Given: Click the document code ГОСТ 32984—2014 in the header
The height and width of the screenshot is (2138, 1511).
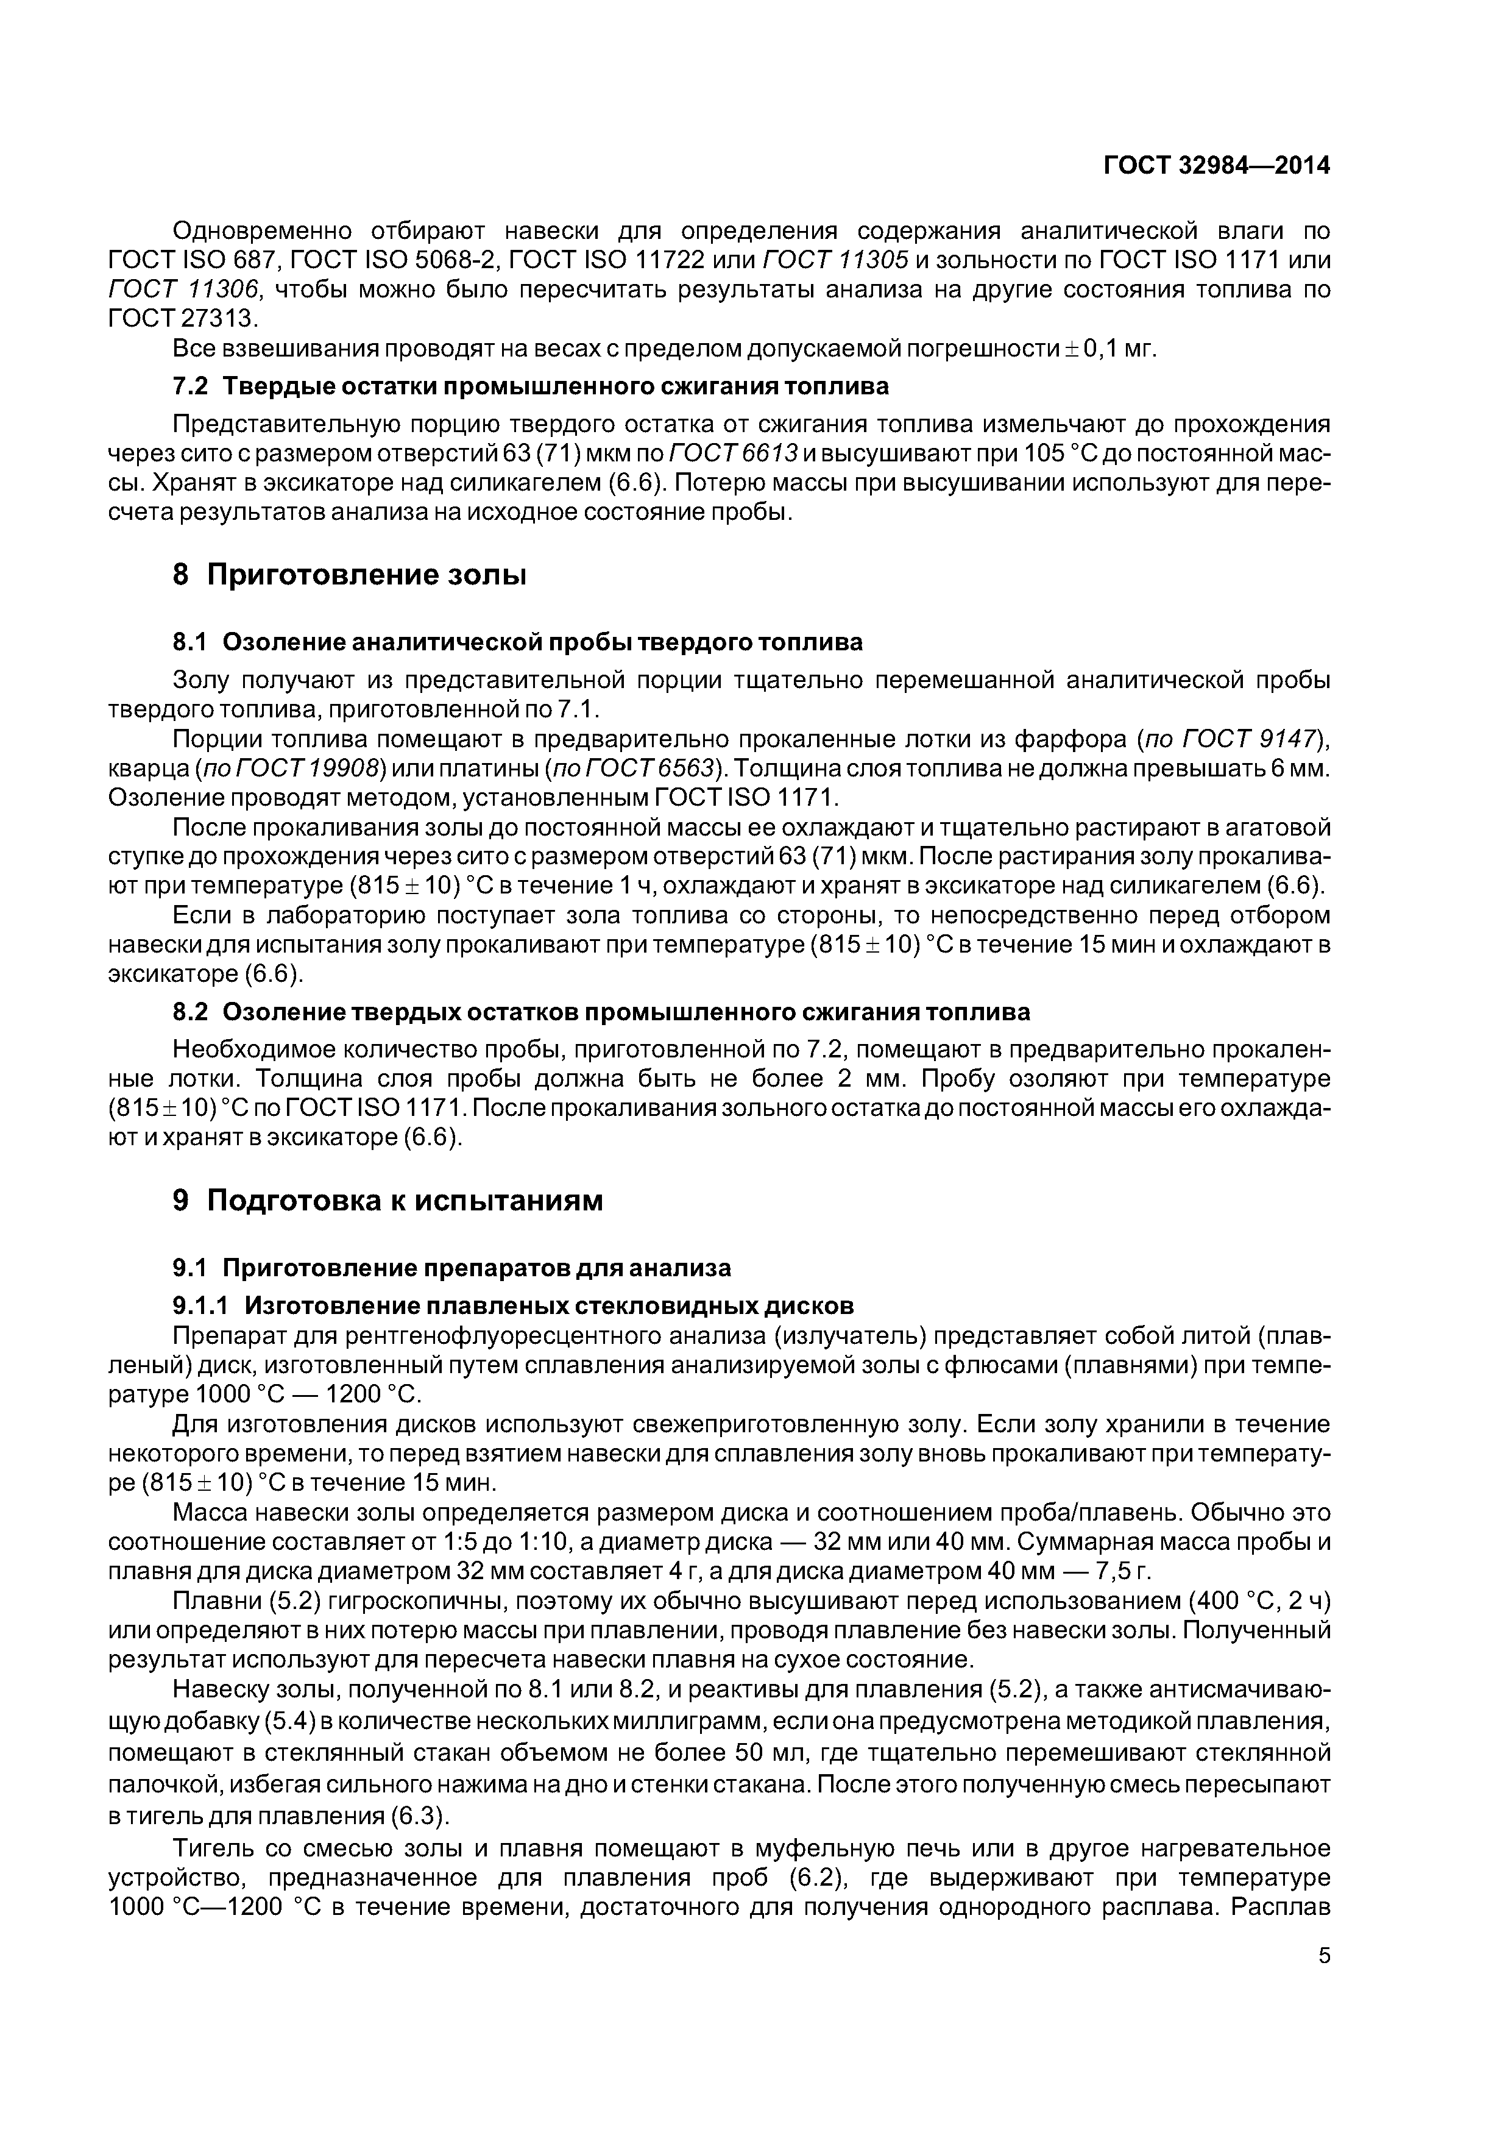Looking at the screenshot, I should pyautogui.click(x=1216, y=166).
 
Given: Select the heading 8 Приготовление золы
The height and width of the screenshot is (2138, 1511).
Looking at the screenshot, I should pyautogui.click(x=350, y=575).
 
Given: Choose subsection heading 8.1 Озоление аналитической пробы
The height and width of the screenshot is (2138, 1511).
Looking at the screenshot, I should pyautogui.click(x=518, y=642).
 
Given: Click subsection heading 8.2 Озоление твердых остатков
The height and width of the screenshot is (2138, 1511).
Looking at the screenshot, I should pyautogui.click(x=601, y=1012).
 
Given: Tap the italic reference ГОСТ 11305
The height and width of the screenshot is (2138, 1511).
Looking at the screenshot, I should pyautogui.click(x=835, y=260).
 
